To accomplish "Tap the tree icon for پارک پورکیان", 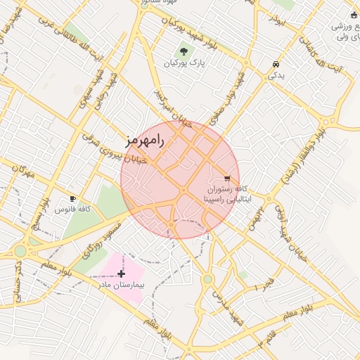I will tap(184, 51).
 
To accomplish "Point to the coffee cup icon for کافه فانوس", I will tap(72, 199).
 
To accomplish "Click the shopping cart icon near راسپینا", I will tap(226, 179).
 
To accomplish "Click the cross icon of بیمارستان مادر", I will tap(122, 273).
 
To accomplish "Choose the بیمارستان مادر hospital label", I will tap(121, 285).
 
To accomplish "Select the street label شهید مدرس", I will tap(232, 309).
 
